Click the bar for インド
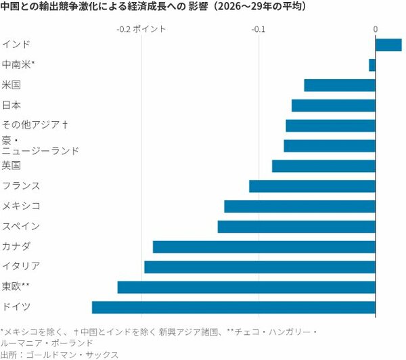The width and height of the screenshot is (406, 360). tap(388, 45)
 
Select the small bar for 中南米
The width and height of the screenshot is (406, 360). tap(372, 65)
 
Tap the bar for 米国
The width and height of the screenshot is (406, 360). tap(340, 85)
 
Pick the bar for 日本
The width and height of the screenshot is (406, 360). tap(334, 106)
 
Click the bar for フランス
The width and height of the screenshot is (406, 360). tap(312, 186)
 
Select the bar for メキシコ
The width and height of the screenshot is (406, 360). tap(300, 206)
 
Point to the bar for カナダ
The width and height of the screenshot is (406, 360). tap(264, 246)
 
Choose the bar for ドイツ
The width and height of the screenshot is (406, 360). tap(233, 307)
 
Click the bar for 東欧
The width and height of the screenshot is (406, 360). tap(246, 287)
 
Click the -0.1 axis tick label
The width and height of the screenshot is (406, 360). tap(258, 29)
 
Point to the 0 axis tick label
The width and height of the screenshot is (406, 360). tap(375, 29)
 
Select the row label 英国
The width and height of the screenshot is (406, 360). tap(12, 166)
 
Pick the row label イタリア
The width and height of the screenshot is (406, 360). tap(21, 266)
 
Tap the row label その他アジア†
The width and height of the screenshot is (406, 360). tap(35, 125)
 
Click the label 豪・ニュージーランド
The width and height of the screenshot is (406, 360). tap(40, 145)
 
